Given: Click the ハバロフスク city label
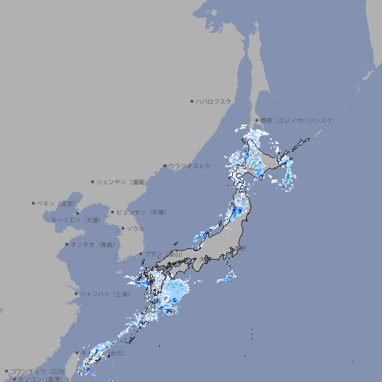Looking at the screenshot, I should click(x=213, y=101).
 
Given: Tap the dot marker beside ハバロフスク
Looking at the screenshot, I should click(x=192, y=101).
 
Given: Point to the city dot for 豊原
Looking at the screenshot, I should click(x=257, y=120).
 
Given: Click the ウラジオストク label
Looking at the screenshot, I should click(x=190, y=166).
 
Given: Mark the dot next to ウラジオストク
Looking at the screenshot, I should click(x=166, y=166).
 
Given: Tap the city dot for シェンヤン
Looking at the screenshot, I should click(x=93, y=181).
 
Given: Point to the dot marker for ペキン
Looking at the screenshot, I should click(x=34, y=203).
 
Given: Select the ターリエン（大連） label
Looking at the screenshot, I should click(x=75, y=220).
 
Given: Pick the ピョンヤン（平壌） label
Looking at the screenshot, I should click(x=141, y=213).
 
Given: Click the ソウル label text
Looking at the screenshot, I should click(x=135, y=228).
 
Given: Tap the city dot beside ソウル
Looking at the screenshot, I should click(x=122, y=228).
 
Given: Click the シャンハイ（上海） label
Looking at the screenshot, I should click(x=104, y=294).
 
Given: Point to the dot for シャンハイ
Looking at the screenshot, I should click(x=76, y=294).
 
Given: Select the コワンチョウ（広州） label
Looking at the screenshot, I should click(x=38, y=371).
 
